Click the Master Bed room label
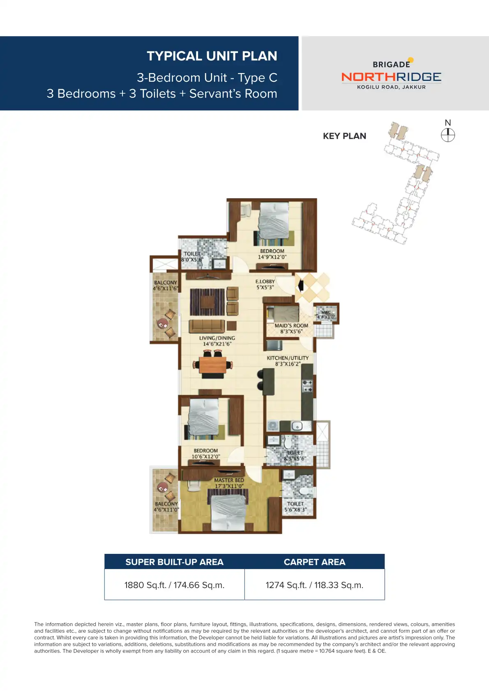[x=229, y=480]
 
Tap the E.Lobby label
[x=265, y=282]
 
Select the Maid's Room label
[x=291, y=326]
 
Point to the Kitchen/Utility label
[x=288, y=358]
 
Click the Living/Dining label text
[x=217, y=338]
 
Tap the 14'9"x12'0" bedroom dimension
[x=272, y=257]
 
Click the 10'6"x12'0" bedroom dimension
[x=205, y=457]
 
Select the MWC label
[x=326, y=313]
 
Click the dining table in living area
[x=213, y=365]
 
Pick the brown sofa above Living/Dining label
[x=207, y=326]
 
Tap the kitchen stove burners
[x=307, y=386]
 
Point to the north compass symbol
[x=448, y=135]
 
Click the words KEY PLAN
[x=344, y=136]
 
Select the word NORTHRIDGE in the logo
[x=391, y=77]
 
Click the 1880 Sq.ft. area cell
[x=174, y=585]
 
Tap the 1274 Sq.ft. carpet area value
[x=314, y=585]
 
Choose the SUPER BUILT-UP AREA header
[x=174, y=562]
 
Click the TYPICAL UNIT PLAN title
[x=212, y=56]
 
